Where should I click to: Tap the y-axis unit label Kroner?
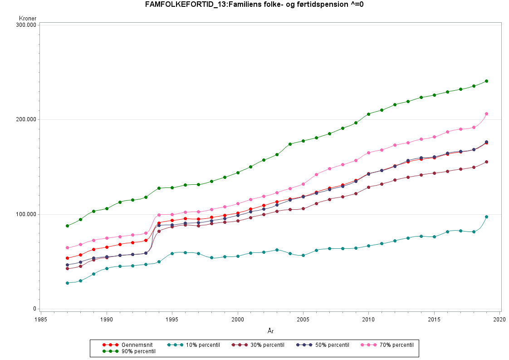pos(28,19)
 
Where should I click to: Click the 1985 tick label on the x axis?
pos(41,319)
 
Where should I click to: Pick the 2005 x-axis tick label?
pos(303,319)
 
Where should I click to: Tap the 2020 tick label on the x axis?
pos(500,319)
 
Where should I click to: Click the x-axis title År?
pos(270,331)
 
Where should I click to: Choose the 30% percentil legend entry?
pos(258,345)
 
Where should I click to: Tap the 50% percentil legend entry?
pos(323,345)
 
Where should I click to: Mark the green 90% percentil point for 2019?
pos(487,81)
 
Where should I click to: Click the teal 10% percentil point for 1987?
pos(67,283)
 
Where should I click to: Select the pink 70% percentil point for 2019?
pos(487,114)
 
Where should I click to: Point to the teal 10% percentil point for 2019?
pos(487,217)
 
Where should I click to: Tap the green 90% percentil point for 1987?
pos(67,226)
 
